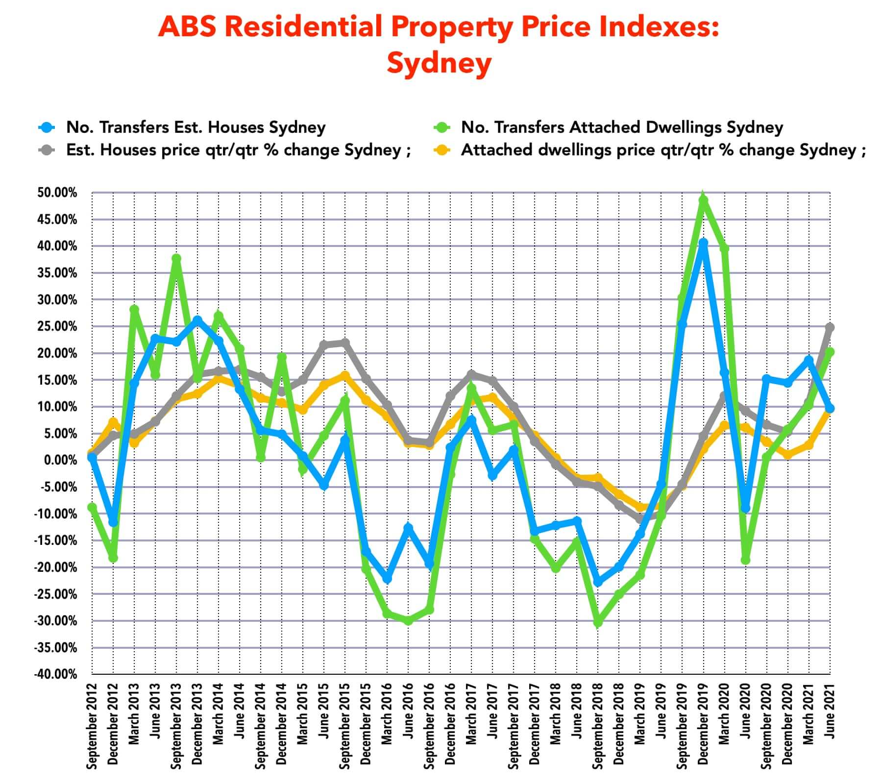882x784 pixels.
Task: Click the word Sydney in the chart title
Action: coord(439,63)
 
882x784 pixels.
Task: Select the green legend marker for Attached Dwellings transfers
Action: coord(442,127)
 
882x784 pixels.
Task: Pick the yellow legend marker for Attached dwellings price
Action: coord(442,150)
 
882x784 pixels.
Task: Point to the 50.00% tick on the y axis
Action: coord(57,193)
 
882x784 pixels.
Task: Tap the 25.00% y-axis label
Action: coord(57,326)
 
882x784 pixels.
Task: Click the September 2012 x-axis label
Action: coord(92,725)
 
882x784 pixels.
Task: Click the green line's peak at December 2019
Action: coord(704,199)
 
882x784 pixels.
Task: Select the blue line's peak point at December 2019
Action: coord(704,243)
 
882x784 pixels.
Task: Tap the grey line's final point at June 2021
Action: coord(830,327)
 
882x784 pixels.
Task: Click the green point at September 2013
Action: coord(176,258)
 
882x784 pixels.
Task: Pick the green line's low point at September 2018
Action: coord(598,622)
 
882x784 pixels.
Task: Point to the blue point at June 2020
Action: coord(745,509)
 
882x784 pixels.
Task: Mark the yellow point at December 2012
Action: coord(113,422)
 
